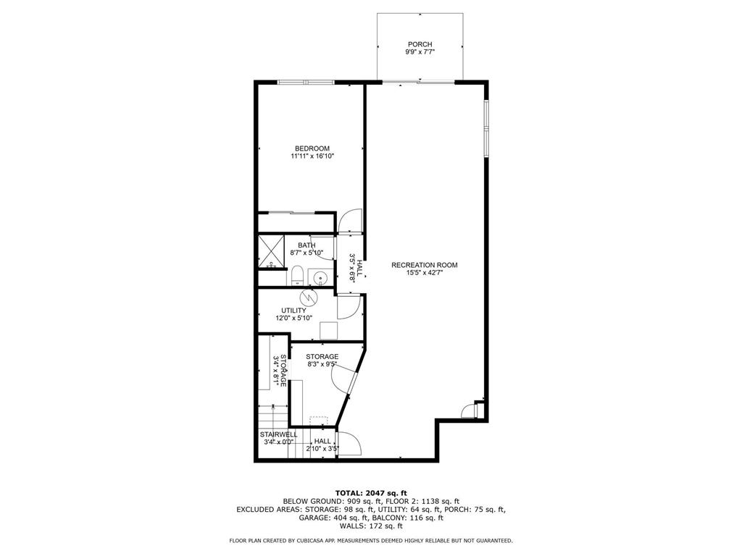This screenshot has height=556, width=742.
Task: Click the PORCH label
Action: [419, 45]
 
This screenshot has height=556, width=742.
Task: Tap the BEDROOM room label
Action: [312, 148]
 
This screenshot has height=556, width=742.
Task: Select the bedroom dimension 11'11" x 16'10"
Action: [312, 156]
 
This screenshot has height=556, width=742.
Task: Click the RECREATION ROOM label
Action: [424, 265]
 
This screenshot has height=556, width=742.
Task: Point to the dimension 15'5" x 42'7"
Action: [424, 273]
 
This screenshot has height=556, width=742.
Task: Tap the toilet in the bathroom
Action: [296, 275]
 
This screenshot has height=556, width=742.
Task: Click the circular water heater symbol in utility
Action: [307, 298]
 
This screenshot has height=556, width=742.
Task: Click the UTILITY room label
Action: [293, 311]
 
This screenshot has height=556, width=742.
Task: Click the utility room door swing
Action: [349, 308]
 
